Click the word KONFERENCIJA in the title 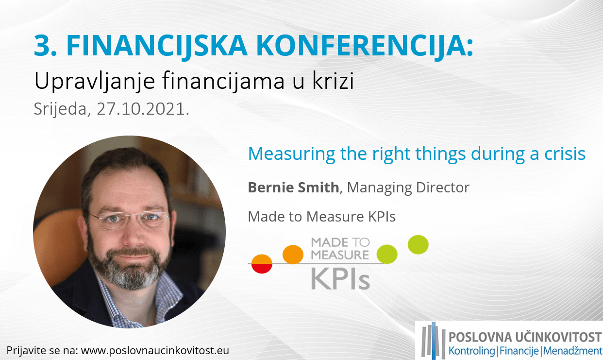[x=365, y=46]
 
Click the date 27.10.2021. [x=143, y=109]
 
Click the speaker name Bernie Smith [x=293, y=187]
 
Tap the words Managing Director [x=408, y=188]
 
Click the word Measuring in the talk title [x=291, y=154]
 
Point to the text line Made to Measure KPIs [x=322, y=217]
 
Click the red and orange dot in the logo [x=262, y=264]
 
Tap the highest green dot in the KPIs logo [x=418, y=245]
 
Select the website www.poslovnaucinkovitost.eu [x=155, y=351]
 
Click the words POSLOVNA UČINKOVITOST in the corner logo [x=525, y=337]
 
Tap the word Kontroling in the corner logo [x=471, y=351]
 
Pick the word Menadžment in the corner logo [x=572, y=351]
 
